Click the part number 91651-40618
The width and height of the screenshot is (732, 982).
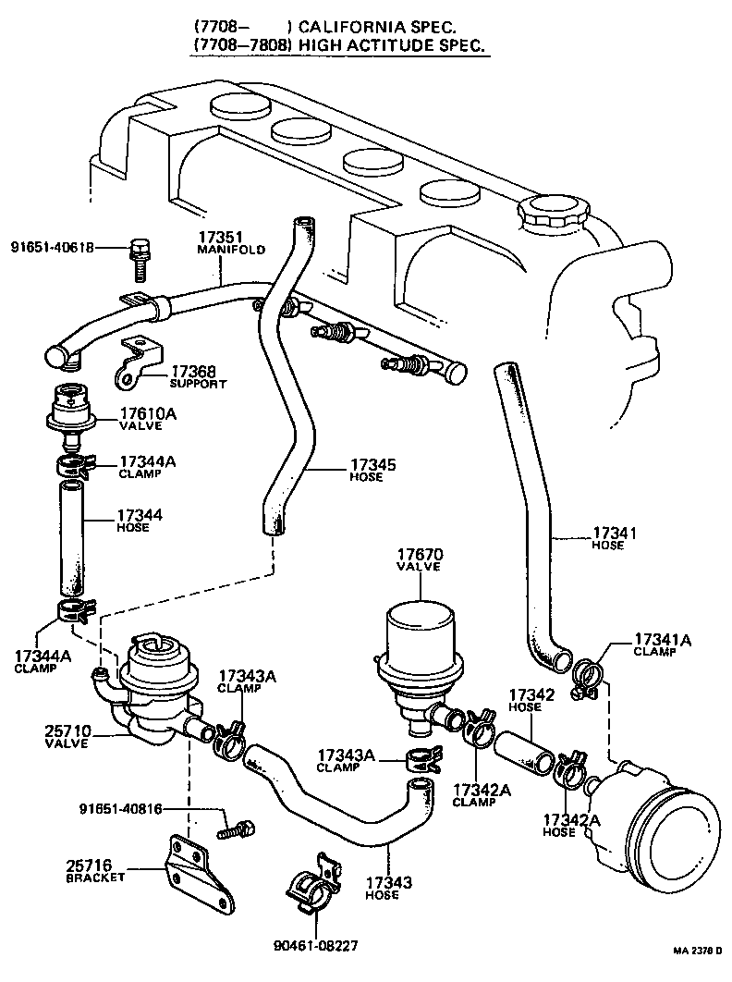click(54, 247)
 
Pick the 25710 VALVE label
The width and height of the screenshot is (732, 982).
click(66, 735)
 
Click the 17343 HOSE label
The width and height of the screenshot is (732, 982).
click(382, 888)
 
